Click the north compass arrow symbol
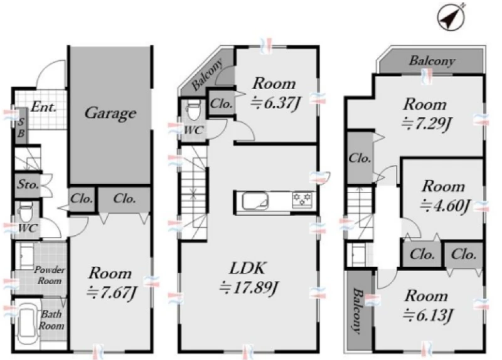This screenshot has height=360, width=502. (x=451, y=17)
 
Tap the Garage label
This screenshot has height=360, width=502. (x=110, y=114)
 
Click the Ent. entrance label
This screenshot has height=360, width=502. (x=44, y=107)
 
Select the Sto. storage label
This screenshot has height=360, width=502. (x=28, y=184)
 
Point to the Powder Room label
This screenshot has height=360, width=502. (x=50, y=275)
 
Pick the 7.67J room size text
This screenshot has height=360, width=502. (x=112, y=292)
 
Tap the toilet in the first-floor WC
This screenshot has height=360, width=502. (x=26, y=212)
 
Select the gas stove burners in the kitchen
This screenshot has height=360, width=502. (x=302, y=200)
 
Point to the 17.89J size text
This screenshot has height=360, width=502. (x=248, y=288)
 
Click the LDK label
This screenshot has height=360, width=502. (x=247, y=268)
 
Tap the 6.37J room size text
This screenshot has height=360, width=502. (x=276, y=103)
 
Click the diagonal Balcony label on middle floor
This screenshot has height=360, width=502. (x=207, y=74)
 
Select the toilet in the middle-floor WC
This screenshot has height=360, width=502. (x=193, y=111)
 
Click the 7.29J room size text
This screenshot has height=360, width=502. (x=426, y=123)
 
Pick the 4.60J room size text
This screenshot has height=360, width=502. (x=445, y=206)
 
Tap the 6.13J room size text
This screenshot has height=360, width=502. (x=427, y=315)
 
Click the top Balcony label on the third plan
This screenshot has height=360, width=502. (x=432, y=60)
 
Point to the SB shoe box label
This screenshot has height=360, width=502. (x=21, y=127)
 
